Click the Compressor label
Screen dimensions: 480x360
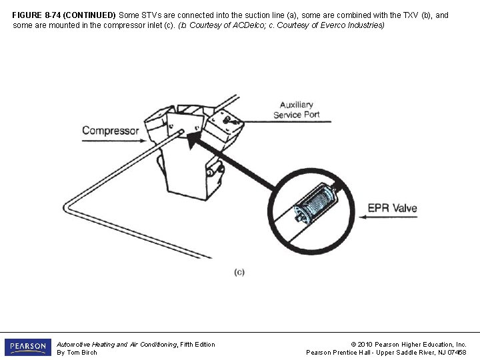click(x=111, y=131)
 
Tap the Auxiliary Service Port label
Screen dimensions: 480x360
click(x=296, y=110)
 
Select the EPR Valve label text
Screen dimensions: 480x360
click(x=392, y=208)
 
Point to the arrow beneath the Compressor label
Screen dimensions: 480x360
click(x=114, y=141)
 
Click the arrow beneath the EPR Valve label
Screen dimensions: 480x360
click(x=388, y=217)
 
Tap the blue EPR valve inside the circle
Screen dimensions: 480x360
click(x=315, y=203)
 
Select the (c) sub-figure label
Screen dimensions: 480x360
click(x=239, y=272)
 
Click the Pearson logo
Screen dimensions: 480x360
click(x=28, y=347)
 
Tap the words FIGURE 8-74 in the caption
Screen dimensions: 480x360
click(x=36, y=15)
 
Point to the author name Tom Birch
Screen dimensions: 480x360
click(x=82, y=353)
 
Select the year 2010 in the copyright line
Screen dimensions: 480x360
click(x=365, y=345)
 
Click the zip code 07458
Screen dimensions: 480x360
click(x=457, y=353)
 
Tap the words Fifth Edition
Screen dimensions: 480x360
click(x=197, y=345)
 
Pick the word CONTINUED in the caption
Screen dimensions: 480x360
click(x=89, y=15)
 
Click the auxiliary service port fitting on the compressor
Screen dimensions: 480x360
click(x=228, y=120)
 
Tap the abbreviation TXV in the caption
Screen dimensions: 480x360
click(x=410, y=15)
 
